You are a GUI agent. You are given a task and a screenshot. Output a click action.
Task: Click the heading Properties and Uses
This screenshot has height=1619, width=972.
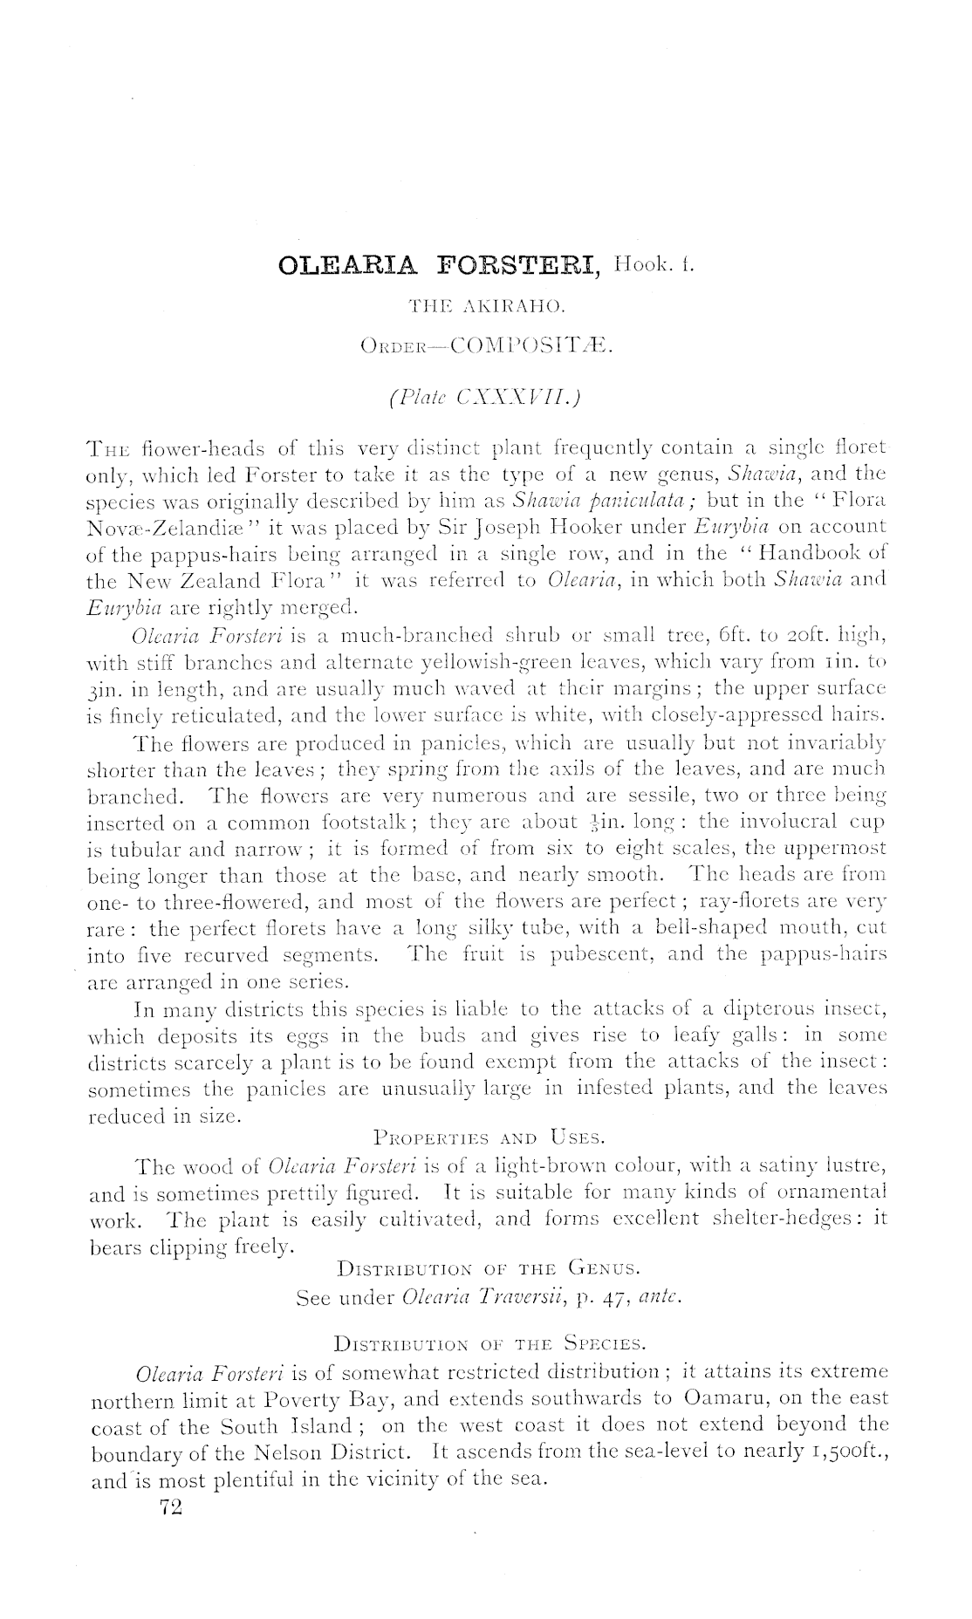[x=488, y=1137]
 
